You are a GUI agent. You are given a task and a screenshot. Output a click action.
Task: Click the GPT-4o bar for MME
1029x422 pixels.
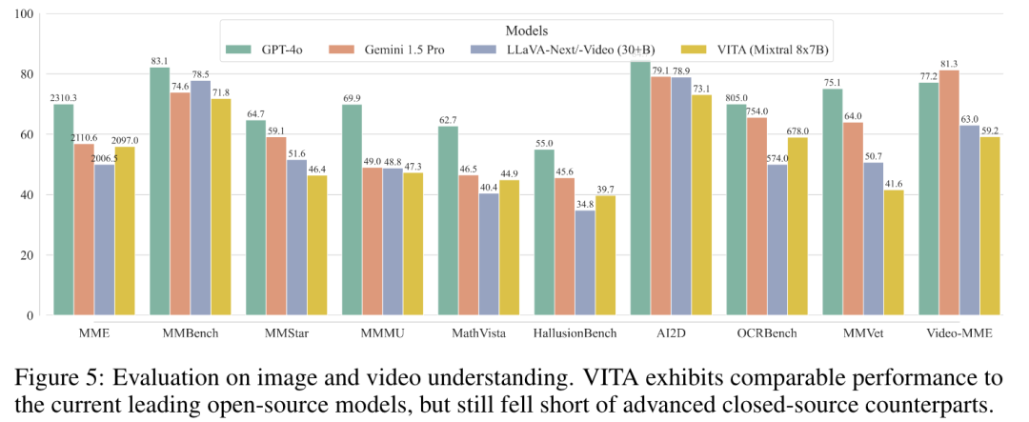pos(64,210)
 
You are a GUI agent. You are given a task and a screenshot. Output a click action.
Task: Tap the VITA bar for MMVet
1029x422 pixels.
pos(893,252)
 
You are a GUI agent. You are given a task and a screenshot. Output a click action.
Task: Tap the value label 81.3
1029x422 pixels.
pos(950,63)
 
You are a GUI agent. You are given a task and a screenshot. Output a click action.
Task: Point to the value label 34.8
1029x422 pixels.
pos(585,204)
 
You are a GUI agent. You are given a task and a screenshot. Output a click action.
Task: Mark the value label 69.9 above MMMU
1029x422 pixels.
pos(352,98)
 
